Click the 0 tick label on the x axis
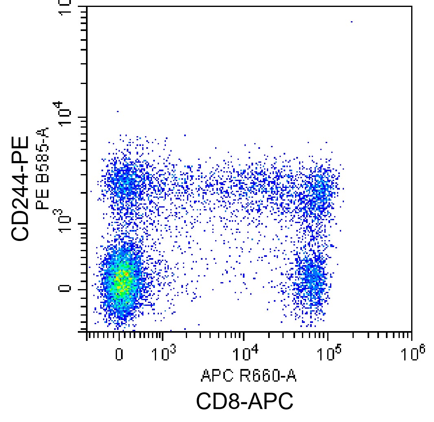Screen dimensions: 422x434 119,354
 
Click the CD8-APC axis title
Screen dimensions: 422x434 245,402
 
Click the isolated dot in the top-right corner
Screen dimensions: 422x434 351,22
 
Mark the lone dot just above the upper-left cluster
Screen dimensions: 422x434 118,111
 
